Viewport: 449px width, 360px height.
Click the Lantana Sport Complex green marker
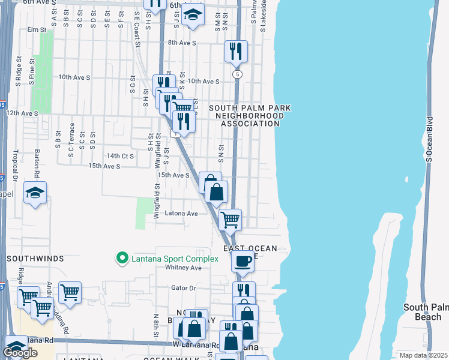click(x=122, y=259)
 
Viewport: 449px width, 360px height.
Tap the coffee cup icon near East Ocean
click(x=243, y=262)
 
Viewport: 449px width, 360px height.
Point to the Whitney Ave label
click(x=187, y=268)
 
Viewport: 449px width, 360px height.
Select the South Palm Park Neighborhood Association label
click(x=249, y=116)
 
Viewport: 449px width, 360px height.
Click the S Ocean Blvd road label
click(x=429, y=138)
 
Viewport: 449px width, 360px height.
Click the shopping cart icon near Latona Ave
click(x=231, y=220)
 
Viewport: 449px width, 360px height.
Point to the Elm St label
click(x=37, y=29)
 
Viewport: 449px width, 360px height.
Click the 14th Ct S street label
click(x=119, y=155)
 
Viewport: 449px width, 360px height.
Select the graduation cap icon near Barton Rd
click(x=35, y=193)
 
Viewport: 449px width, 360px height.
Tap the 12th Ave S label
click(x=22, y=113)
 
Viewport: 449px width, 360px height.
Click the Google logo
click(x=20, y=353)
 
